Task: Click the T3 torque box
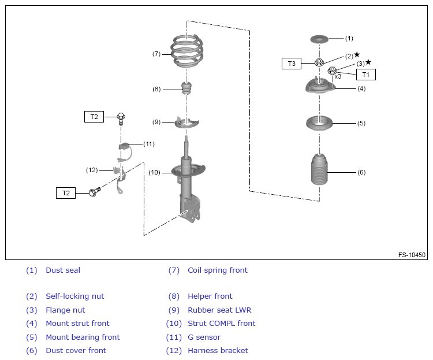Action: [x=292, y=64]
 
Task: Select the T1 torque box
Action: [x=365, y=75]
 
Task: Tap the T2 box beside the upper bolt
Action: [x=94, y=117]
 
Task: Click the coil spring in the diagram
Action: [x=186, y=51]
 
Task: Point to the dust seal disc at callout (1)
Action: [x=319, y=39]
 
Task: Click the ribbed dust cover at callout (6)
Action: [x=319, y=170]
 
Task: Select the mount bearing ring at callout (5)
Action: [x=319, y=123]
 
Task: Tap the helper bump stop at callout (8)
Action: [x=186, y=88]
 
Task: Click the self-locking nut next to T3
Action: [x=319, y=62]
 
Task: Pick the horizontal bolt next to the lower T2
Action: [x=95, y=191]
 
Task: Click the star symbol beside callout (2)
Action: [x=357, y=54]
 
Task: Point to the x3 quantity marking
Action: [x=338, y=77]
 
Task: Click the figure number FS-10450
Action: [x=412, y=255]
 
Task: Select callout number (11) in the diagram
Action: [x=149, y=144]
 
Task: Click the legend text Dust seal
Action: [x=63, y=270]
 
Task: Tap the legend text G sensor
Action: [x=204, y=337]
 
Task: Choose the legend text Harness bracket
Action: [x=218, y=351]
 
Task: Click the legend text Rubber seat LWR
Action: [x=219, y=310]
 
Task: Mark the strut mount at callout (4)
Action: [x=320, y=87]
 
